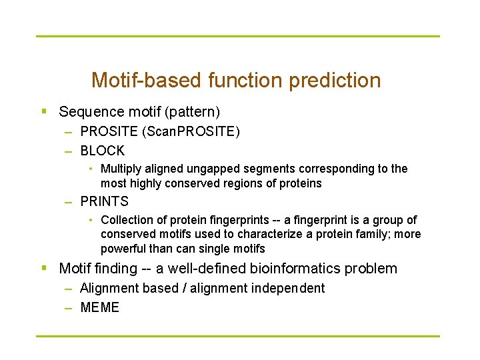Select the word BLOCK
point(102,151)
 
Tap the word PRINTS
point(104,201)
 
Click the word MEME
point(99,307)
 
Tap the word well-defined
point(205,269)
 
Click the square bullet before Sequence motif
point(43,111)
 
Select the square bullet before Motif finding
point(43,269)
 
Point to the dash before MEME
point(69,307)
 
